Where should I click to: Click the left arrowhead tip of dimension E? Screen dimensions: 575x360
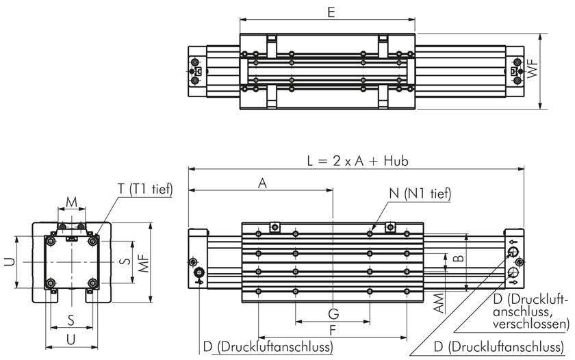point(240,20)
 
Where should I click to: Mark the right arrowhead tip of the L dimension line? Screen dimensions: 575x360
point(524,169)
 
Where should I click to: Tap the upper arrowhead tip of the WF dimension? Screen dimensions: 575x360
point(540,34)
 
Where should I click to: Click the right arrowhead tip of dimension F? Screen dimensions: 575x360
point(407,337)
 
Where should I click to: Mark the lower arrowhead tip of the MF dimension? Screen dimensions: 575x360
point(151,303)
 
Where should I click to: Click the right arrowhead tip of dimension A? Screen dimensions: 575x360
point(333,190)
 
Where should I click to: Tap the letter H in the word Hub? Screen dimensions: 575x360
point(388,161)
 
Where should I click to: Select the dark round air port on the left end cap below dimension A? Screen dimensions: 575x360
point(200,272)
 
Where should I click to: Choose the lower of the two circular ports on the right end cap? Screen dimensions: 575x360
point(513,272)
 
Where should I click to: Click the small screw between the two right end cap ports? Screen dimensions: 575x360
point(519,261)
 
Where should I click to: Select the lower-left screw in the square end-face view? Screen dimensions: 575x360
point(51,283)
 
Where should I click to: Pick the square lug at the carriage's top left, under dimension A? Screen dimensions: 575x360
point(275,228)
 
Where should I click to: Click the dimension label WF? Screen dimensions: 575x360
point(533,68)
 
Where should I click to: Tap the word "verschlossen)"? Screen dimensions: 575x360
point(531,324)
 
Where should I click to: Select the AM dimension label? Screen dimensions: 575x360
point(439,303)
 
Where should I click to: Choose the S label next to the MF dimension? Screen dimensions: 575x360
point(126,261)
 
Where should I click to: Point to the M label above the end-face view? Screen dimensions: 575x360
point(71,202)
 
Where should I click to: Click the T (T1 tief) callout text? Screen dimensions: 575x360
point(145,189)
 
